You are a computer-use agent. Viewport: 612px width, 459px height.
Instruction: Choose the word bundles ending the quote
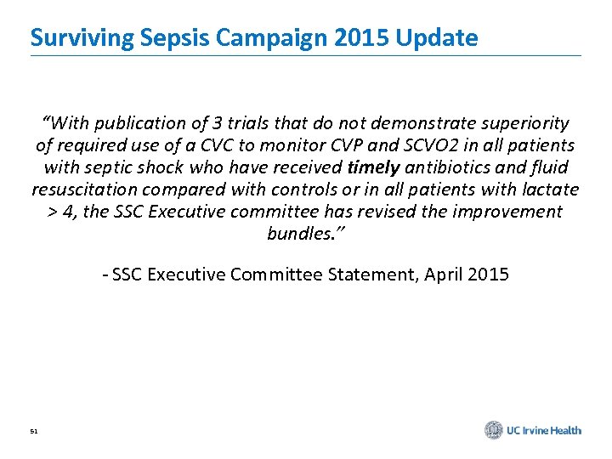click(x=297, y=234)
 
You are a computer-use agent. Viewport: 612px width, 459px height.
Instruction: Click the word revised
click(x=380, y=212)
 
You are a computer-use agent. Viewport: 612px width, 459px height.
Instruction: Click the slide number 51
click(x=34, y=432)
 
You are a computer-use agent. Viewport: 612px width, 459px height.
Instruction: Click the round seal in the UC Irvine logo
click(x=494, y=430)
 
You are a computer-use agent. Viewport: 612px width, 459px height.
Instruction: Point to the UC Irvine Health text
click(x=544, y=431)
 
